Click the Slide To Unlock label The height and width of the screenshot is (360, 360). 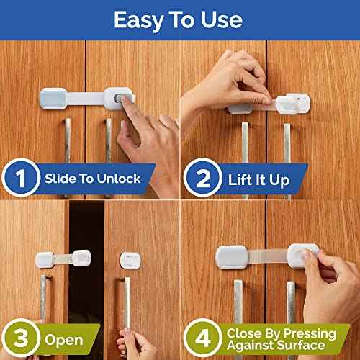[92, 178]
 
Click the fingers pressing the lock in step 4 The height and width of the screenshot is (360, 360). [317, 259]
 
